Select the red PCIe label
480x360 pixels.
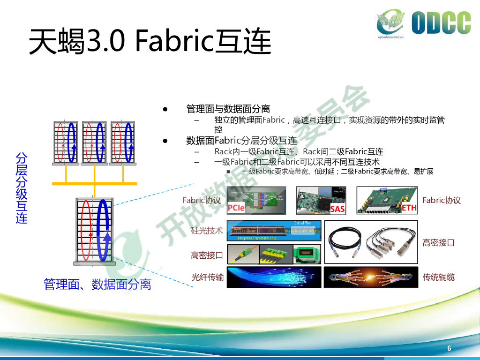[236, 208]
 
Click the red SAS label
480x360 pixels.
[337, 209]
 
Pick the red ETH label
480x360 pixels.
[409, 208]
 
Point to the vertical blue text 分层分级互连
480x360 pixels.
[22, 187]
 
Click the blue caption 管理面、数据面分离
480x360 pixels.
[97, 284]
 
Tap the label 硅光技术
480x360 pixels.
[207, 231]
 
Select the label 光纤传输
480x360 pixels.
[208, 277]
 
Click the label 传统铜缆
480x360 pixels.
[438, 277]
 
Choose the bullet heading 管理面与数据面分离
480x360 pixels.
[228, 109]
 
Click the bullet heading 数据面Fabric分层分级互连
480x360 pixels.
[241, 141]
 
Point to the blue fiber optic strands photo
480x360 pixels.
[274, 277]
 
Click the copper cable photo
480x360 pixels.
[370, 277]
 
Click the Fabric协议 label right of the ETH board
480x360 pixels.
[441, 200]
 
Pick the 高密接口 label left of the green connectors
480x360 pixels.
[207, 255]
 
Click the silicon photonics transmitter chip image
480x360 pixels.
[274, 231]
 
